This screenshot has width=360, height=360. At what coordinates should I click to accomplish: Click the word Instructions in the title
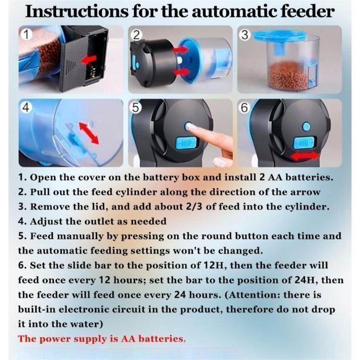(x=77, y=11)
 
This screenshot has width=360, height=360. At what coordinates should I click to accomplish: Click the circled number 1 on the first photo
(x=26, y=34)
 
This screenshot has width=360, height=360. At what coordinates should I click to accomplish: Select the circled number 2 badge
(x=136, y=35)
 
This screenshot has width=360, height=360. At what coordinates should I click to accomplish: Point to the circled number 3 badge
(x=245, y=35)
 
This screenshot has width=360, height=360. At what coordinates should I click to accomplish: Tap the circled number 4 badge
(x=25, y=108)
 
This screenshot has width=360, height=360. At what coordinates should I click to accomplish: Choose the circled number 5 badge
(x=135, y=108)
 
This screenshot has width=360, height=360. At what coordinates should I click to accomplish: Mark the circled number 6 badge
(x=244, y=108)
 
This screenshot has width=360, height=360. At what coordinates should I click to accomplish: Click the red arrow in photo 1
(x=89, y=59)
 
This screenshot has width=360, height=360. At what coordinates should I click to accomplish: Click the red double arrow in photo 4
(x=89, y=133)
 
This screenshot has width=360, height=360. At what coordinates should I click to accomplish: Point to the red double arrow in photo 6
(x=305, y=157)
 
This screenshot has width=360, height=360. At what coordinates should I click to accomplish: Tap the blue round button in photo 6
(x=306, y=126)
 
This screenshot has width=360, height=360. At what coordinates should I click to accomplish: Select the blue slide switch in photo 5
(x=185, y=143)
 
